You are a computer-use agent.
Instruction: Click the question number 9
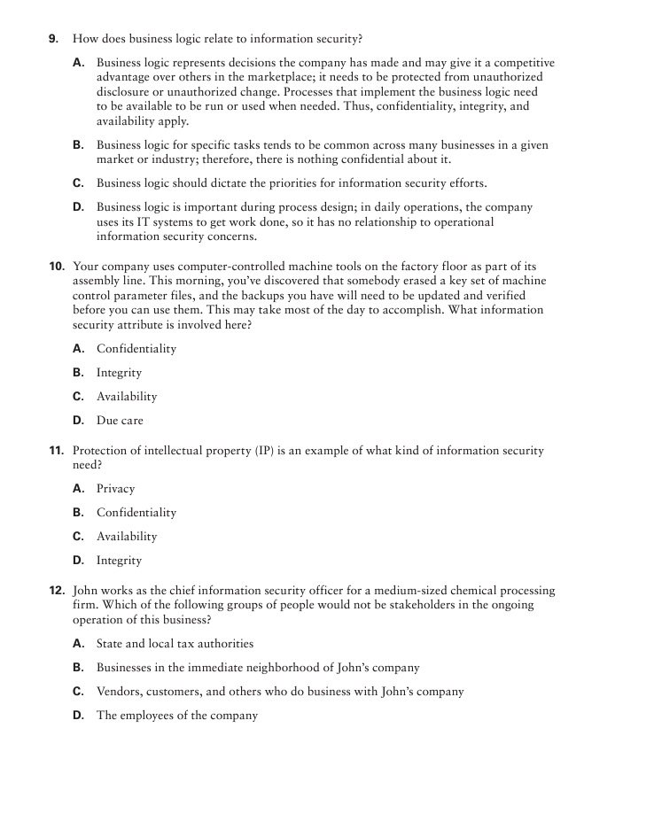54,39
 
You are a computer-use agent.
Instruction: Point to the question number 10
56,267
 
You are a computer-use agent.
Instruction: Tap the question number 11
56,451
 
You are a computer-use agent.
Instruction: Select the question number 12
56,591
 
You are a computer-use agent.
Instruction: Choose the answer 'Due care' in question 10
120,421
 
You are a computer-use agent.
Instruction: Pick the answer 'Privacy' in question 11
116,489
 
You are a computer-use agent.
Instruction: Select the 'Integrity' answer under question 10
119,373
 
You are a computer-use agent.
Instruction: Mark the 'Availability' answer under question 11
127,537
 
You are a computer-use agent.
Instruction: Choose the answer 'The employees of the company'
177,716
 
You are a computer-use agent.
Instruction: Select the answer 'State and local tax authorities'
175,644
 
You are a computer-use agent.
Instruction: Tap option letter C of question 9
78,183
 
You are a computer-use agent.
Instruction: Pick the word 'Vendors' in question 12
120,692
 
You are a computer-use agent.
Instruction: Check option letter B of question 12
78,668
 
